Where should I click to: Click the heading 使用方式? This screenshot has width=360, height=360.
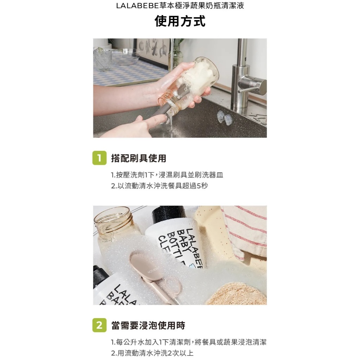pos(180,21)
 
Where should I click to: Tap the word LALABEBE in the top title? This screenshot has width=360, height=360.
pos(137,6)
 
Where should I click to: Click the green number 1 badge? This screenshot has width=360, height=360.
pos(99,158)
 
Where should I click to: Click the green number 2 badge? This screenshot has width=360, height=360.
pos(99,325)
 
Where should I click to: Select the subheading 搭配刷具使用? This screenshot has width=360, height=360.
pos(139,158)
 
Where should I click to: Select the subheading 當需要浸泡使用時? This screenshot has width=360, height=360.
pos(148,325)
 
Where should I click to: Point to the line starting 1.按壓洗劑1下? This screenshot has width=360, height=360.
pos(167,175)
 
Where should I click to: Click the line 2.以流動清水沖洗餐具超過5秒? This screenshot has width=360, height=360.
pos(159,186)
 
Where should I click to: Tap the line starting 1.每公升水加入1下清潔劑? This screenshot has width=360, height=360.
pos(189,342)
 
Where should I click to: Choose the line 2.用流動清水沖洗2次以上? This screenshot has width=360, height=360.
pos(152,353)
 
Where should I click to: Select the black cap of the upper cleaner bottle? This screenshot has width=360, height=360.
pos(169,215)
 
